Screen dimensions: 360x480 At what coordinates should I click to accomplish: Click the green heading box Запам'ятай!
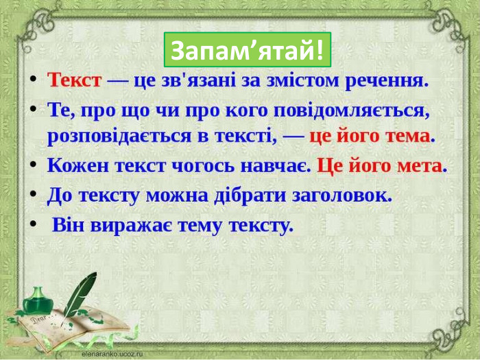[247, 49]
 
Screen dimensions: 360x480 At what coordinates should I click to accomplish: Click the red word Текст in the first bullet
[75, 80]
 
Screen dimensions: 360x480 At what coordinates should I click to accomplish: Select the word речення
[391, 80]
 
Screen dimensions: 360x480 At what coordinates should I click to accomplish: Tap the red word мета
[420, 166]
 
